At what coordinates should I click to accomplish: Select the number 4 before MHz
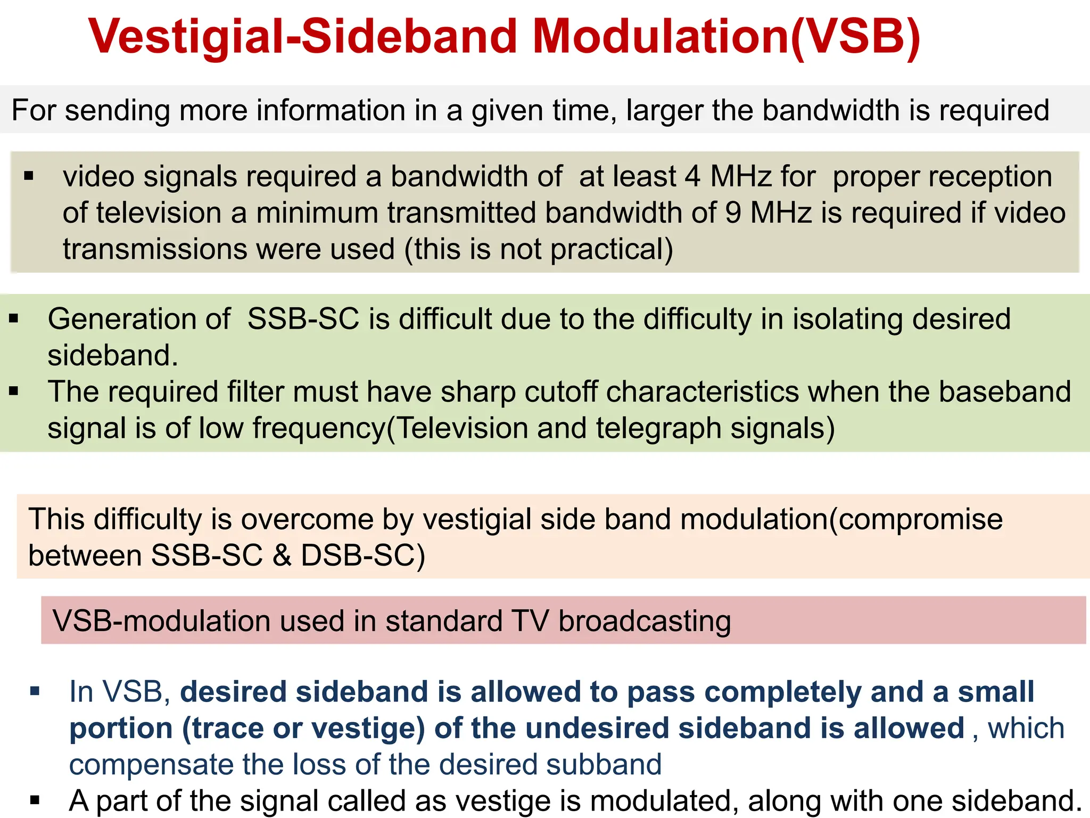[692, 177]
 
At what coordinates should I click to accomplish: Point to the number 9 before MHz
[733, 213]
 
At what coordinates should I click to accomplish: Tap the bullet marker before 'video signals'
[29, 176]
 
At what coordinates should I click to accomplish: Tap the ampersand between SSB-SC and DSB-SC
[282, 555]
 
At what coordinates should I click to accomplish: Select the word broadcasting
[645, 621]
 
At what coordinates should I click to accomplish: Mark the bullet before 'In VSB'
[36, 692]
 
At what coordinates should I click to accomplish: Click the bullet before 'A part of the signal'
[36, 800]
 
